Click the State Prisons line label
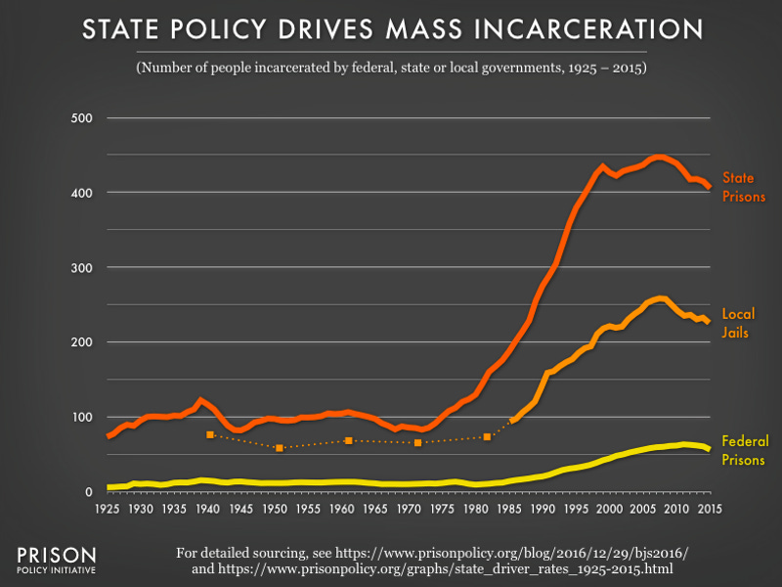pos(743,187)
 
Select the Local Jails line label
pos(740,323)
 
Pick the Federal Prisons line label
pos(745,449)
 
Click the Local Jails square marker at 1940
pos(209,434)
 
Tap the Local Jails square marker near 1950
pos(280,448)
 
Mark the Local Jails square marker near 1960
pos(348,440)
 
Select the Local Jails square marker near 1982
pos(487,436)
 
